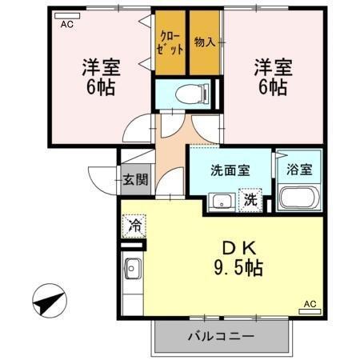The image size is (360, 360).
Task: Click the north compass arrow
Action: point(49,303)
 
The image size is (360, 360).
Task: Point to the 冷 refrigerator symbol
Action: point(135,226)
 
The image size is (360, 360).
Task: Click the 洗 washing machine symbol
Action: point(251,200)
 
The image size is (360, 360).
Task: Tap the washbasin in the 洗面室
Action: point(219,202)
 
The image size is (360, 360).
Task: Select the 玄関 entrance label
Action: point(135,180)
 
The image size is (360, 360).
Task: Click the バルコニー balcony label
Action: point(222,336)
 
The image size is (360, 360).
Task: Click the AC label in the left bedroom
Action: point(67,23)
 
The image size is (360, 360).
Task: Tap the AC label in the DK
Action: point(310,304)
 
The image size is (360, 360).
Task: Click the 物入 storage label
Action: point(204,41)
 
